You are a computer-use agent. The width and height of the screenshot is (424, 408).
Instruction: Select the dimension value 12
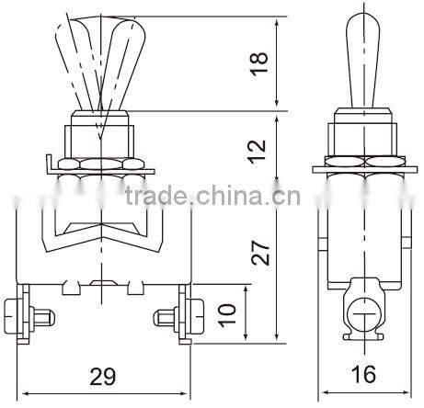click(261, 145)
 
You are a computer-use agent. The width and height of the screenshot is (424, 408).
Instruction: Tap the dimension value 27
click(261, 249)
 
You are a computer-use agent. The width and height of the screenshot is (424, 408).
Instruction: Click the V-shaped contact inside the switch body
click(102, 231)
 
